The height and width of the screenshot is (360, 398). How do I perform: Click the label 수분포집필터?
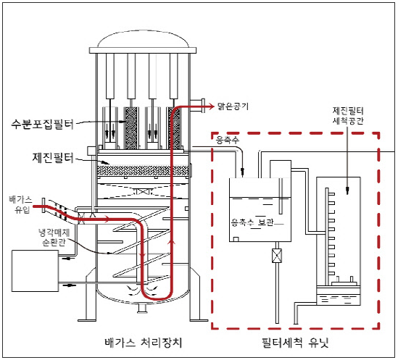pyautogui.click(x=42, y=125)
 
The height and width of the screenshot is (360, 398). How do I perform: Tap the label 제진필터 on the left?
pyautogui.click(x=53, y=157)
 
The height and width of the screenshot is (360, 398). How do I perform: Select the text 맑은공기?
pyautogui.click(x=233, y=106)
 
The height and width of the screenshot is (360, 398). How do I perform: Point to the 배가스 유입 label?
pyautogui.click(x=21, y=205)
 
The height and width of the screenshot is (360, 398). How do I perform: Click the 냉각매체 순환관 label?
pyautogui.click(x=54, y=237)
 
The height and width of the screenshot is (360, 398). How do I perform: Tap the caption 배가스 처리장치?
pyautogui.click(x=144, y=343)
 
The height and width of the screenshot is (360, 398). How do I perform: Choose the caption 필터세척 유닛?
pyautogui.click(x=295, y=343)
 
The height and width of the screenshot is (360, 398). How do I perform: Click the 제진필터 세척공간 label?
pyautogui.click(x=348, y=116)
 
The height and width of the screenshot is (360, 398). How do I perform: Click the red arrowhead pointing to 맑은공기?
pyautogui.click(x=212, y=106)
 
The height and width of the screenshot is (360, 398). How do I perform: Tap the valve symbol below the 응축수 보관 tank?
pyautogui.click(x=277, y=256)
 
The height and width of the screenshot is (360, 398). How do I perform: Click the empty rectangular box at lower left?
pyautogui.click(x=35, y=271)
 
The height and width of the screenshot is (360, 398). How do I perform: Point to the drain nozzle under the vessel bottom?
pyautogui.click(x=143, y=309)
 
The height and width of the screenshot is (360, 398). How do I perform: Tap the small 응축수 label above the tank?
pyautogui.click(x=228, y=140)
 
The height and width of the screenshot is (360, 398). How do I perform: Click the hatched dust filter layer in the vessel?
pyautogui.click(x=144, y=171)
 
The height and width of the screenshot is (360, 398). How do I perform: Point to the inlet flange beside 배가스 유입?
pyautogui.click(x=43, y=205)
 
